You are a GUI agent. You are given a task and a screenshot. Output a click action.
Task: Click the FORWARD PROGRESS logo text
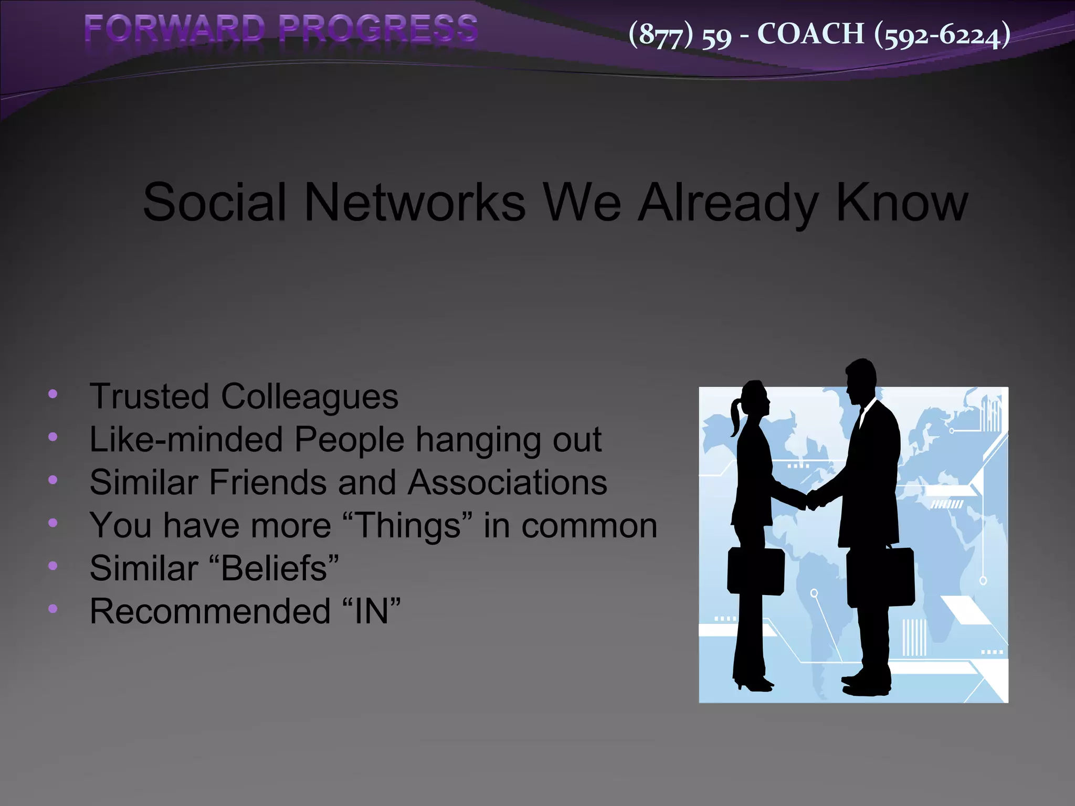281,29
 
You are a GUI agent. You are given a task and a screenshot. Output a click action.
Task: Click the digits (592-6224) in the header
942,35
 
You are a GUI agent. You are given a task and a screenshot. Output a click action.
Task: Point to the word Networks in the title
415,203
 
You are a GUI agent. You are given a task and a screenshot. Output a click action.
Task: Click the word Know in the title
901,203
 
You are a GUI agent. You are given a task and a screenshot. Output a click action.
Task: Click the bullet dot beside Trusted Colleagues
52,394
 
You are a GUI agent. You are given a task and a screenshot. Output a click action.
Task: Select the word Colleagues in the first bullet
309,397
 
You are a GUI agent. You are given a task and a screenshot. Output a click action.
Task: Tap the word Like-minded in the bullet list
186,440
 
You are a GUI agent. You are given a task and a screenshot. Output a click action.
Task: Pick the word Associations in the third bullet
507,483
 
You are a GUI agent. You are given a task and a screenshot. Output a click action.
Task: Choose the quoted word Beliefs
273,569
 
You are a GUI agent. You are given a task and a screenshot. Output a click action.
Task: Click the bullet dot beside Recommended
52,609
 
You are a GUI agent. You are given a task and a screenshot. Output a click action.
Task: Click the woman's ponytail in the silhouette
735,417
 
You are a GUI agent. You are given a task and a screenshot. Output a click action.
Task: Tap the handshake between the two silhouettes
811,500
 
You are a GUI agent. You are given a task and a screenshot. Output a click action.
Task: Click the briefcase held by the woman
755,571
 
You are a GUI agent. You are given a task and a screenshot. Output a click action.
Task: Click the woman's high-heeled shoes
753,684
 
